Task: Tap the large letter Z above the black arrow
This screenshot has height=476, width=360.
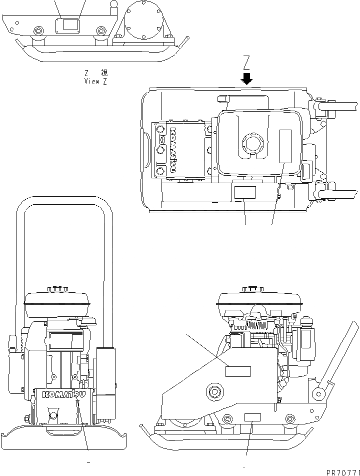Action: pos(246,63)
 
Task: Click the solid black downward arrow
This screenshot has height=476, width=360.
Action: pos(246,78)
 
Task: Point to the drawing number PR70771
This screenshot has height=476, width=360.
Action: pos(337,471)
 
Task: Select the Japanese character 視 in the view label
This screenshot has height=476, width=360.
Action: pos(104,73)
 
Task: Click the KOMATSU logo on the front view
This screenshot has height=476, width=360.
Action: pos(63,395)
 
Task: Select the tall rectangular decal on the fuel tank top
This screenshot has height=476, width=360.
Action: pos(285,146)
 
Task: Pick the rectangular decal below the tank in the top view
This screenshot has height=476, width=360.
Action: pos(244,192)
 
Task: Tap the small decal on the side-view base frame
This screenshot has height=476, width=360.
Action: pos(252,418)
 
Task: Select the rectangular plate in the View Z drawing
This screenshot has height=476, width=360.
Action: pos(68,26)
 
